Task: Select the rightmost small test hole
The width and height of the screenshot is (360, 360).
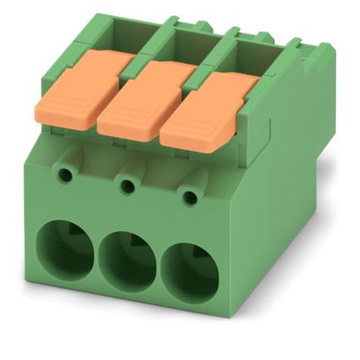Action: [x=188, y=195]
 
